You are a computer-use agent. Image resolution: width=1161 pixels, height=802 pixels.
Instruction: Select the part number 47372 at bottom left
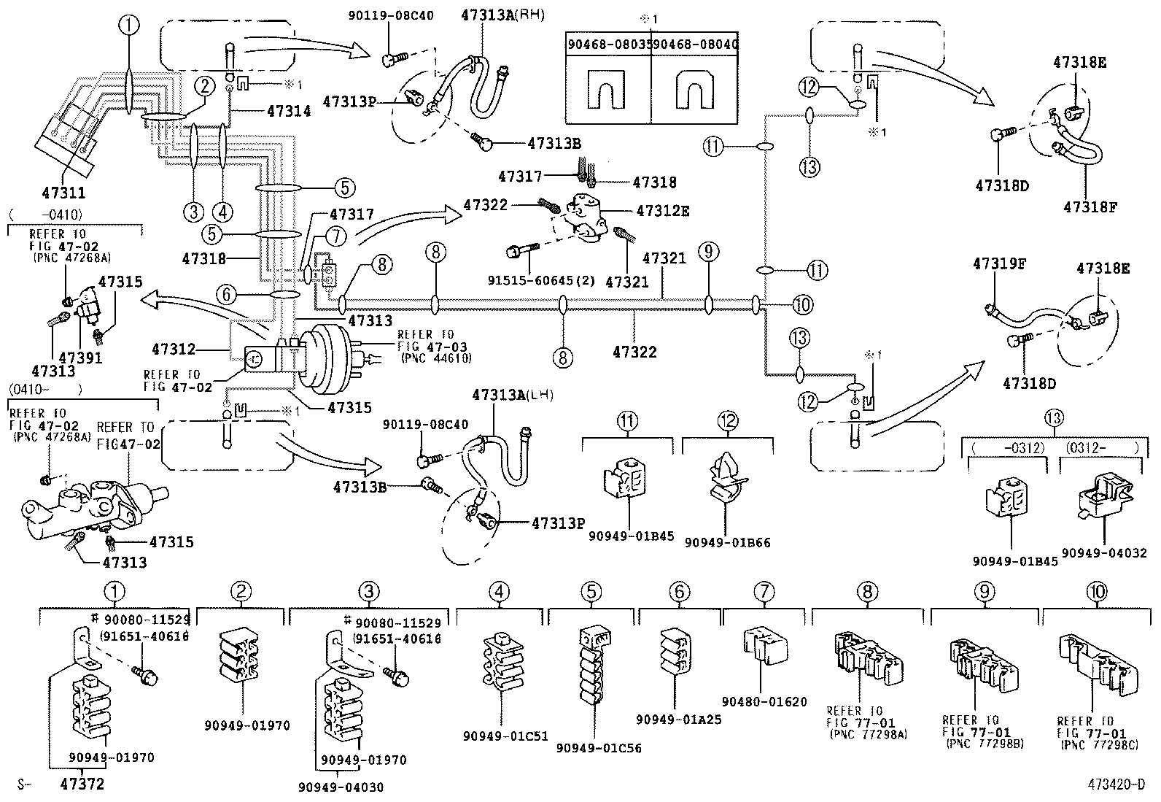pyautogui.click(x=82, y=784)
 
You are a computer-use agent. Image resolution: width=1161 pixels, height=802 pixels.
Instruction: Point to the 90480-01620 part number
pyautogui.click(x=764, y=702)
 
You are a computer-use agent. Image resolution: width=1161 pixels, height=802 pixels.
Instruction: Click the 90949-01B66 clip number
pyautogui.click(x=727, y=542)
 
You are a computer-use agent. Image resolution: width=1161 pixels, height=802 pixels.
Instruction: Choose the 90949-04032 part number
pyautogui.click(x=1104, y=553)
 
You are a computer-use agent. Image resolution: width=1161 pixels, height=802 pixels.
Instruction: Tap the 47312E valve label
pyautogui.click(x=662, y=212)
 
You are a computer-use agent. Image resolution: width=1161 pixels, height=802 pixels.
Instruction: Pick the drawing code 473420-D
pyautogui.click(x=1117, y=785)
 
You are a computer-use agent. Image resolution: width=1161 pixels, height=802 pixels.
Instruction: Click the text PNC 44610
pyautogui.click(x=435, y=358)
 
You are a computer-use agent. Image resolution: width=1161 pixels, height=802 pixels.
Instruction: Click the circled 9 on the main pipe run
pyautogui.click(x=707, y=252)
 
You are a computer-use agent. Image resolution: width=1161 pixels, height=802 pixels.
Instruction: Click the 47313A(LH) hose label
pyautogui.click(x=512, y=395)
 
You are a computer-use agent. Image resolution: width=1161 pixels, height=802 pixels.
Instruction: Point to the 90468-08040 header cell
pyautogui.click(x=694, y=45)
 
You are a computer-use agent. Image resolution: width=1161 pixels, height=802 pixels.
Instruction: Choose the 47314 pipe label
pyautogui.click(x=289, y=112)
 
